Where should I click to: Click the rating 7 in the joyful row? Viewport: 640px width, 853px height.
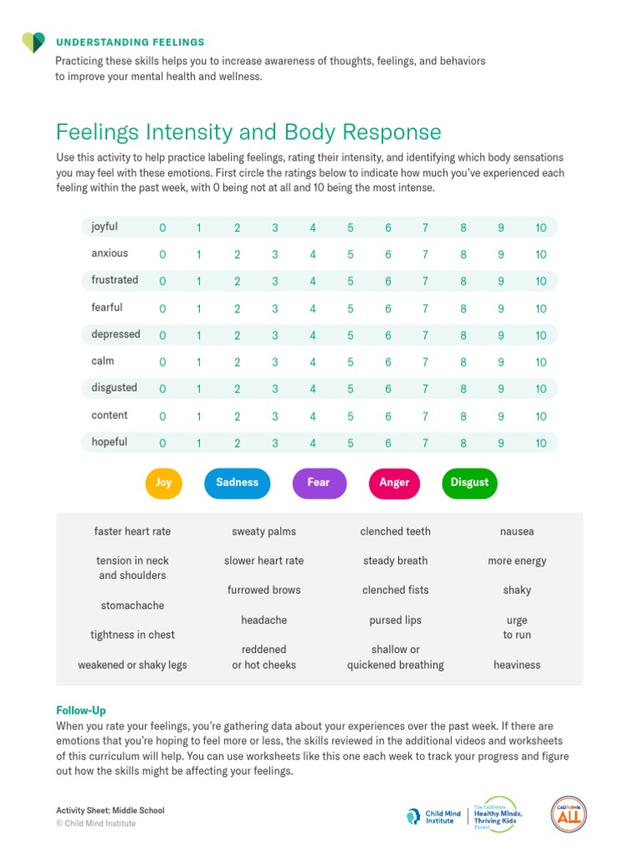click(426, 227)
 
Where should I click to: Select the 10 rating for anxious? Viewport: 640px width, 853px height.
click(540, 255)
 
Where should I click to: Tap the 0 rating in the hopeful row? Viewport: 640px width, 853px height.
click(162, 443)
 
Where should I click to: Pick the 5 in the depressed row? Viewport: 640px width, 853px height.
click(351, 336)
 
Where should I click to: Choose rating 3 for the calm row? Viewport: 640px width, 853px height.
click(275, 362)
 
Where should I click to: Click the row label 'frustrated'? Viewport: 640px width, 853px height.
click(115, 280)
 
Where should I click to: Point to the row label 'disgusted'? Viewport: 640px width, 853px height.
click(114, 388)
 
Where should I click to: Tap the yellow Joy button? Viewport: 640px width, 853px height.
click(163, 483)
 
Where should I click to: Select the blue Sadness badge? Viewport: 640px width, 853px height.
click(237, 483)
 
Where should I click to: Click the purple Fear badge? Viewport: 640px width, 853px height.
click(319, 483)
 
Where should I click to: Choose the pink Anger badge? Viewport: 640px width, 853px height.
click(394, 483)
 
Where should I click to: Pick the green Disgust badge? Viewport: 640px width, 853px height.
click(470, 483)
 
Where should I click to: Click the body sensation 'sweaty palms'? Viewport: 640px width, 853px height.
click(264, 532)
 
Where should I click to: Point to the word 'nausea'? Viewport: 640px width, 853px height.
click(517, 531)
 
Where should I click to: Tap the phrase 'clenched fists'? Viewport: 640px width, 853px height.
click(396, 590)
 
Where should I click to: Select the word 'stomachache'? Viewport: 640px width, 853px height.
click(132, 606)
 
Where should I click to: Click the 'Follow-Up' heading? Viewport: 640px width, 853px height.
click(81, 711)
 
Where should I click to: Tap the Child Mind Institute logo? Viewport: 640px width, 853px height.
click(433, 816)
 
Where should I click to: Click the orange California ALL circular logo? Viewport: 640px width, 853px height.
click(568, 815)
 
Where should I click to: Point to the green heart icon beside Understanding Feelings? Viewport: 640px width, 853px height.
click(33, 42)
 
